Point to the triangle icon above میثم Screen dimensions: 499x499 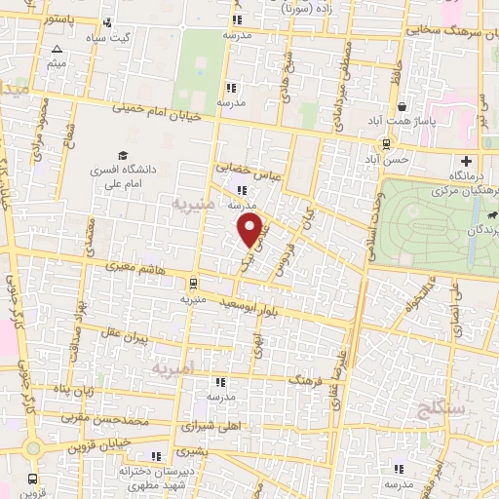point(57,49)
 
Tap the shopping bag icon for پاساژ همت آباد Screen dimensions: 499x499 point(402,107)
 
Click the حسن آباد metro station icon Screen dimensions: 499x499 point(387,144)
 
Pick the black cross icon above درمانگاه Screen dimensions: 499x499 point(466,161)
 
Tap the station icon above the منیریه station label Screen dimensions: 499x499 point(193,285)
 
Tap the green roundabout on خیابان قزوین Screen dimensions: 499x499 point(32,448)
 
